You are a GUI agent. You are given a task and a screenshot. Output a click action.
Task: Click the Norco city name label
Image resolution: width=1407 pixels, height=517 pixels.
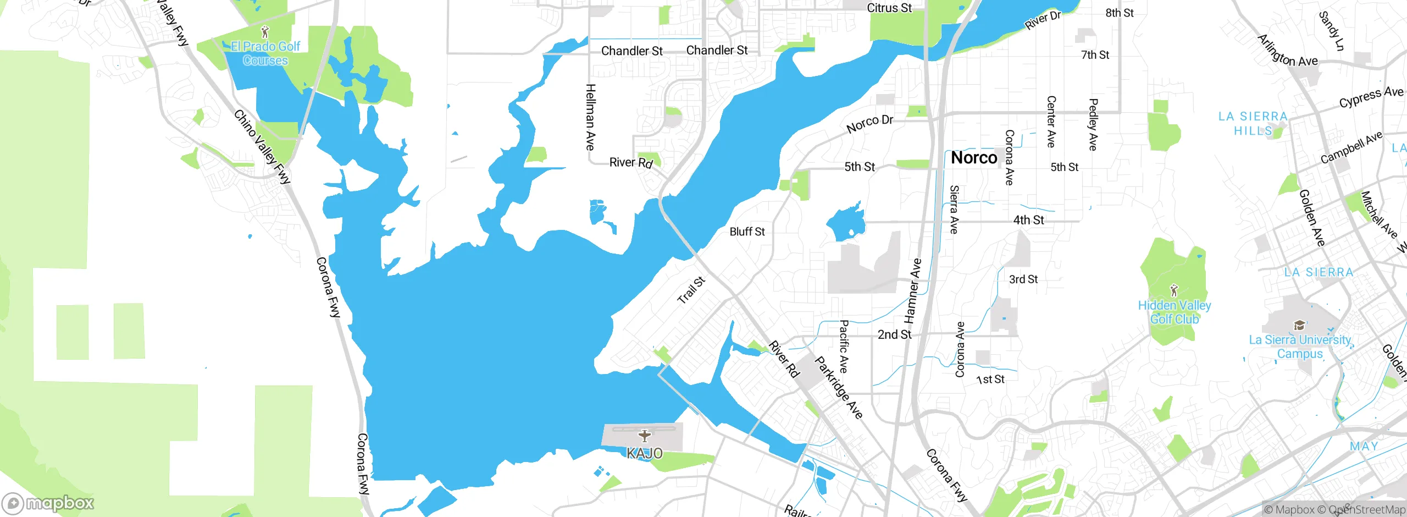tap(974, 158)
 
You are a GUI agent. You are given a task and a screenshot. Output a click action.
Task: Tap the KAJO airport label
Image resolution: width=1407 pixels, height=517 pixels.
tap(645, 453)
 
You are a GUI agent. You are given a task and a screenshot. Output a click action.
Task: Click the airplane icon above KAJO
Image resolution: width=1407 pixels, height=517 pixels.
tap(645, 436)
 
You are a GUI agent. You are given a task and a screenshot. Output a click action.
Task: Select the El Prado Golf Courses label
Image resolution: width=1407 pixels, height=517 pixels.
tap(265, 53)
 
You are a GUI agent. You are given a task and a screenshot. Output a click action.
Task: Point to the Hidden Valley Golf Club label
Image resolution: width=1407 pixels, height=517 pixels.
tap(1175, 312)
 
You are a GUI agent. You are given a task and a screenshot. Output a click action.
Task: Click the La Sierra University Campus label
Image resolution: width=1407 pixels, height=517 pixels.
tap(1300, 346)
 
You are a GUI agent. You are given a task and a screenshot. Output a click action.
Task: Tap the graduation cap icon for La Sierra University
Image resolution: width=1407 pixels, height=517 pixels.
tap(1299, 325)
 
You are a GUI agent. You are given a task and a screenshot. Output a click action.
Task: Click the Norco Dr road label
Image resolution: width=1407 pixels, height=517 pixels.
tap(870, 124)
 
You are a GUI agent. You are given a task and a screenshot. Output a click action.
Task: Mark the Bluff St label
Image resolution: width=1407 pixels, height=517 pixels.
tap(747, 232)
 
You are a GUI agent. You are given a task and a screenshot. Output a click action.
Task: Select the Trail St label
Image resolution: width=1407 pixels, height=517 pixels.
tap(691, 290)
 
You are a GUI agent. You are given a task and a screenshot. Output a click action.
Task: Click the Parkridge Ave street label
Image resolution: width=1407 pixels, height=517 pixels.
tap(838, 387)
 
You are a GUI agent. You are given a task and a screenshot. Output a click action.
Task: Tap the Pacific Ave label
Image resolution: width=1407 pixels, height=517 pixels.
tap(844, 346)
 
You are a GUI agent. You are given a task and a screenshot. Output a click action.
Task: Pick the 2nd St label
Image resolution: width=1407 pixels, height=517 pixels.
tap(894, 334)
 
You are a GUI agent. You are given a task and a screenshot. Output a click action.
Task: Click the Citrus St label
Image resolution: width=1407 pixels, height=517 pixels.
tap(889, 8)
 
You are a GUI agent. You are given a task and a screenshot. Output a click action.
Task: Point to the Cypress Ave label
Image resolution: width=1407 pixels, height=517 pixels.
tap(1371, 97)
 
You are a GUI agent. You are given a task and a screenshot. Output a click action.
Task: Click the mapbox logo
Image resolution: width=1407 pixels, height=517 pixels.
tap(48, 503)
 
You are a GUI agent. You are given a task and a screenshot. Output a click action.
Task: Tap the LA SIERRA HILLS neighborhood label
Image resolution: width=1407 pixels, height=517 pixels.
tap(1253, 123)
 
